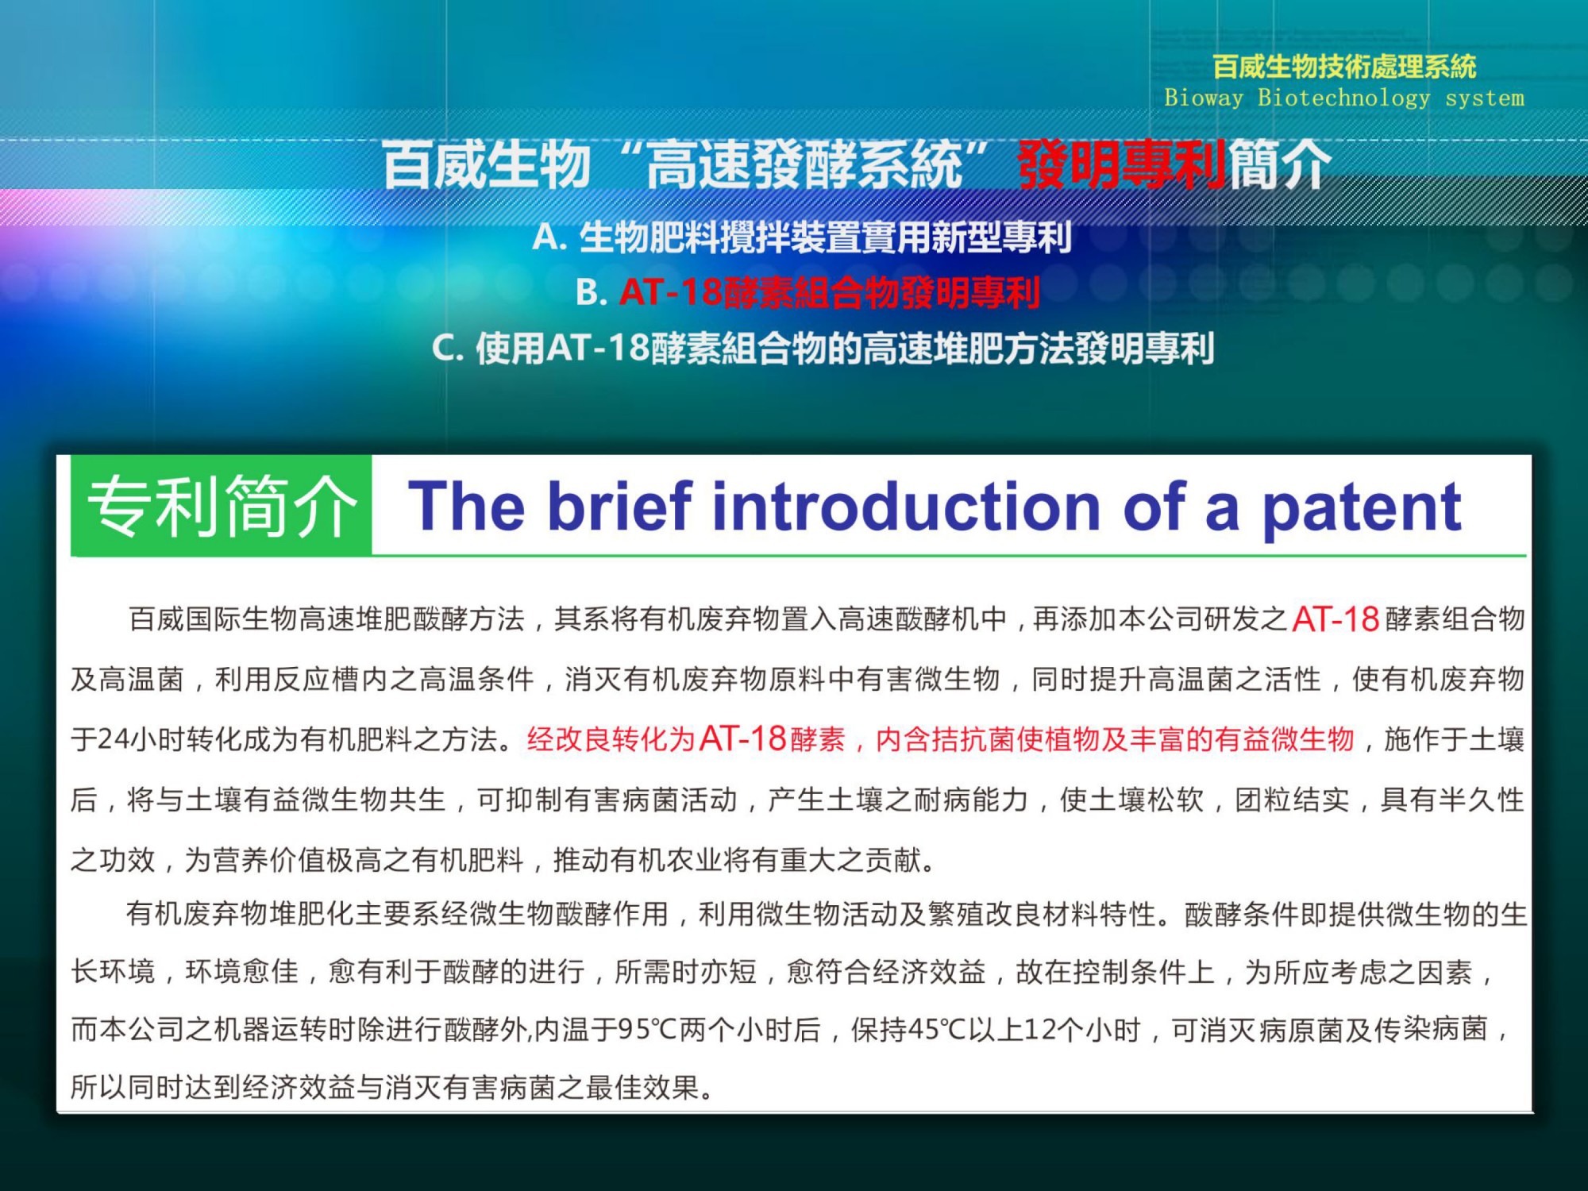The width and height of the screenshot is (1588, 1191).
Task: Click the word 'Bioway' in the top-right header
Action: (x=1204, y=98)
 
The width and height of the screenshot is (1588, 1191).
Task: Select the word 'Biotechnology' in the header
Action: (x=1343, y=98)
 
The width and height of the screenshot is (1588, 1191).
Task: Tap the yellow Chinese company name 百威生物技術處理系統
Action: (x=1344, y=67)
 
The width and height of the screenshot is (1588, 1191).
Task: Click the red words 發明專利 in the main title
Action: (x=1122, y=165)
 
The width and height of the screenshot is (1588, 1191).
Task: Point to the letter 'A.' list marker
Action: (x=549, y=237)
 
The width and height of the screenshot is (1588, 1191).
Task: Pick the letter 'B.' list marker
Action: (x=591, y=292)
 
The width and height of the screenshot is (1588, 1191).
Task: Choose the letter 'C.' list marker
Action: (x=448, y=348)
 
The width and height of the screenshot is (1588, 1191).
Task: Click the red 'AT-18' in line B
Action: (x=672, y=292)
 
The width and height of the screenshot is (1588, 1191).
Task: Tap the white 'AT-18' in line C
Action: (x=598, y=349)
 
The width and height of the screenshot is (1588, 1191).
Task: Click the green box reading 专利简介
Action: (x=222, y=505)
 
